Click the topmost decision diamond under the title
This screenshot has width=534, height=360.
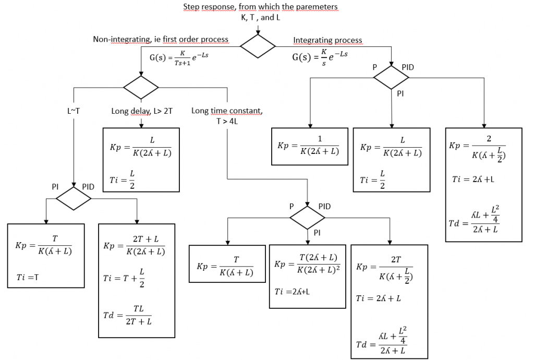(258, 46)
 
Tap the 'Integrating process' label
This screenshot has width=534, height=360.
(327, 40)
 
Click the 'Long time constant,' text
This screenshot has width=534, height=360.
(227, 111)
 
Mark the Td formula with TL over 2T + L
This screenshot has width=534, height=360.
(127, 316)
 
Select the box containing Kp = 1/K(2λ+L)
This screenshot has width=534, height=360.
(310, 146)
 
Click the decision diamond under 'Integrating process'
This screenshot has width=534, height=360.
(392, 77)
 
